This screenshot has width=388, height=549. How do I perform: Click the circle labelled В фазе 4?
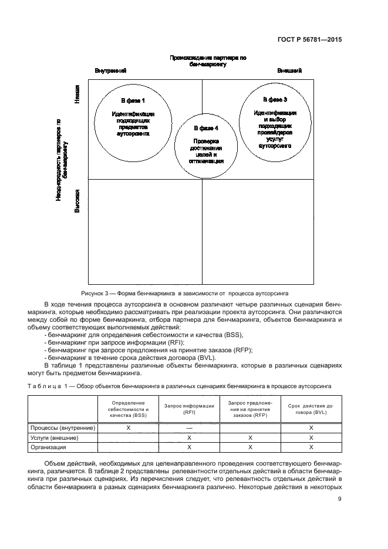click(206, 144)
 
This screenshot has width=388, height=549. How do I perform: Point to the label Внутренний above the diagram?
click(110, 71)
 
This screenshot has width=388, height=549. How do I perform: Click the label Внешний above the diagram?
click(289, 71)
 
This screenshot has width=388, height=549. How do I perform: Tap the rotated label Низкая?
click(77, 95)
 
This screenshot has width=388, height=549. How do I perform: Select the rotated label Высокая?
click(77, 201)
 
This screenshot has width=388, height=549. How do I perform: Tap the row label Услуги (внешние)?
click(54, 437)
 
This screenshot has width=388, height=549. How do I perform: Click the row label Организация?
click(48, 447)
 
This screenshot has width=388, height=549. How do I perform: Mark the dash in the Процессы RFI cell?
click(189, 428)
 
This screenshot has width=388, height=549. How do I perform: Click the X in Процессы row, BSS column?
click(128, 428)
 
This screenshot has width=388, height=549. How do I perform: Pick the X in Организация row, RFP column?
click(250, 447)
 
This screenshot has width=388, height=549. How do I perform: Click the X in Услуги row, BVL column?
click(311, 437)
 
